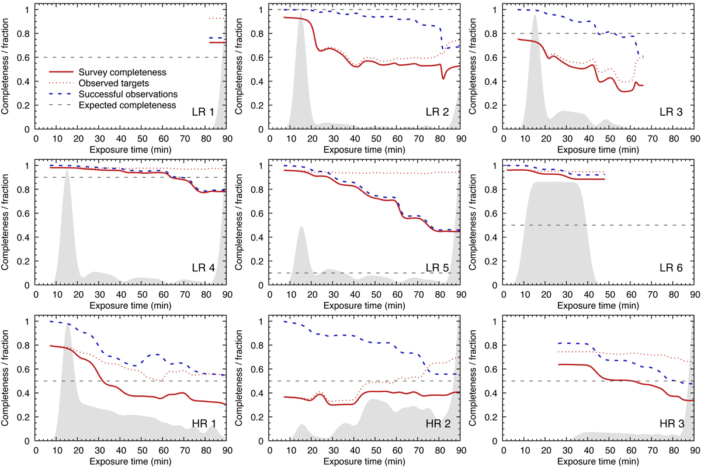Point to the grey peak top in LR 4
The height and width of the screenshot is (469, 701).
[x=67, y=170]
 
